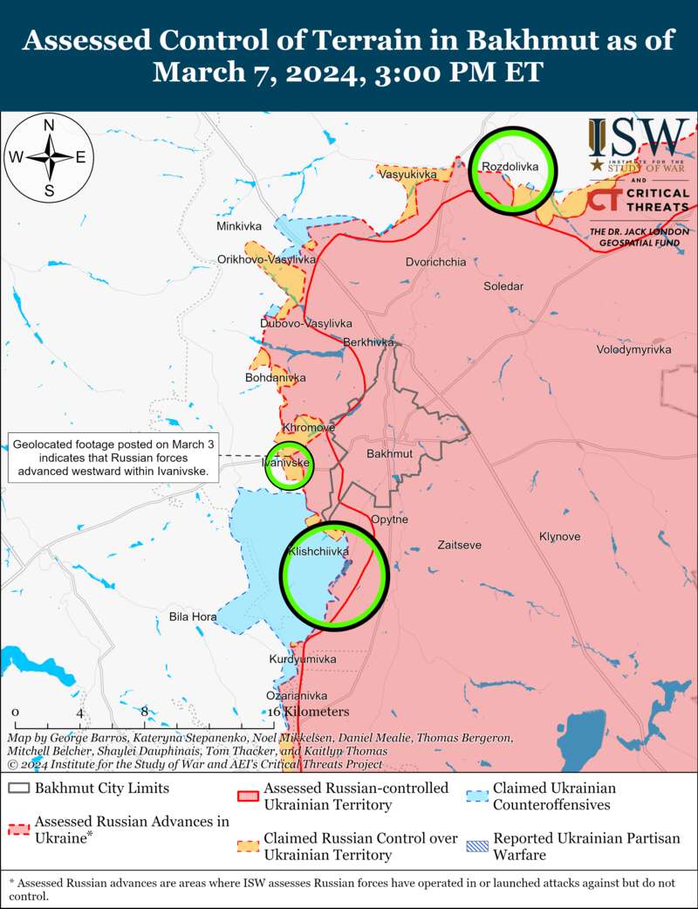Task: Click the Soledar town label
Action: point(503,286)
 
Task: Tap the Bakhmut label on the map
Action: point(389,455)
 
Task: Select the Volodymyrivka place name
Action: point(633,349)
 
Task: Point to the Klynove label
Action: point(559,536)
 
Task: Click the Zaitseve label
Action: point(459,545)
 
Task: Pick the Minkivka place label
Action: point(239,227)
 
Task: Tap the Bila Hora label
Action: point(193,617)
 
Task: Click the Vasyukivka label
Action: point(407,175)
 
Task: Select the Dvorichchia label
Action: point(435,262)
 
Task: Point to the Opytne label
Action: point(389,520)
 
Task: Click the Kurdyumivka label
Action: point(302,659)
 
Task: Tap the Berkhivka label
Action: point(369,342)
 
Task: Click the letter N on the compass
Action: point(50,125)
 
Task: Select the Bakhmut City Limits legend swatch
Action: point(19,788)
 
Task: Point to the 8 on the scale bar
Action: point(144,712)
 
